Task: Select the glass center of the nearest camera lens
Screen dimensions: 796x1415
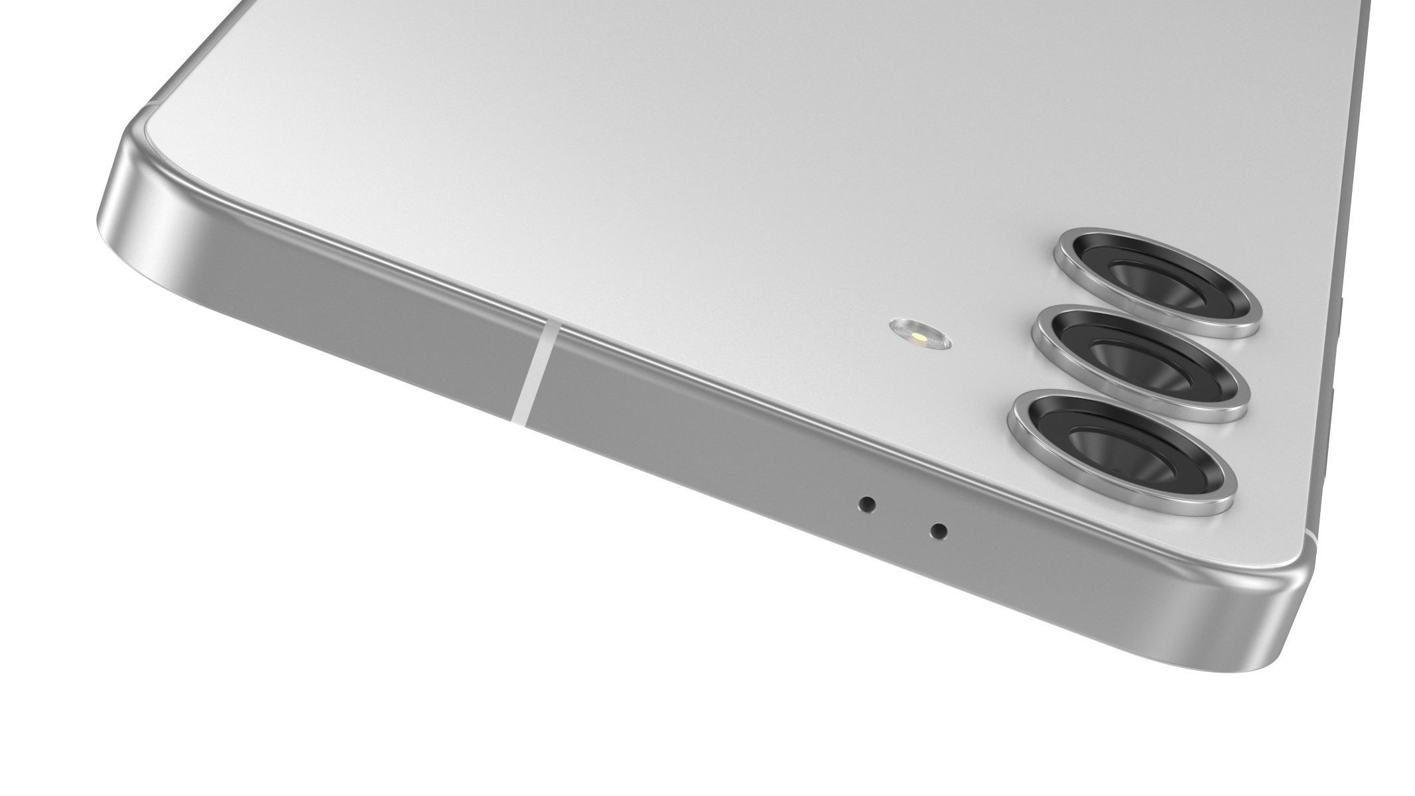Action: click(x=1121, y=451)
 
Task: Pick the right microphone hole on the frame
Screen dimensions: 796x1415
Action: click(x=938, y=531)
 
